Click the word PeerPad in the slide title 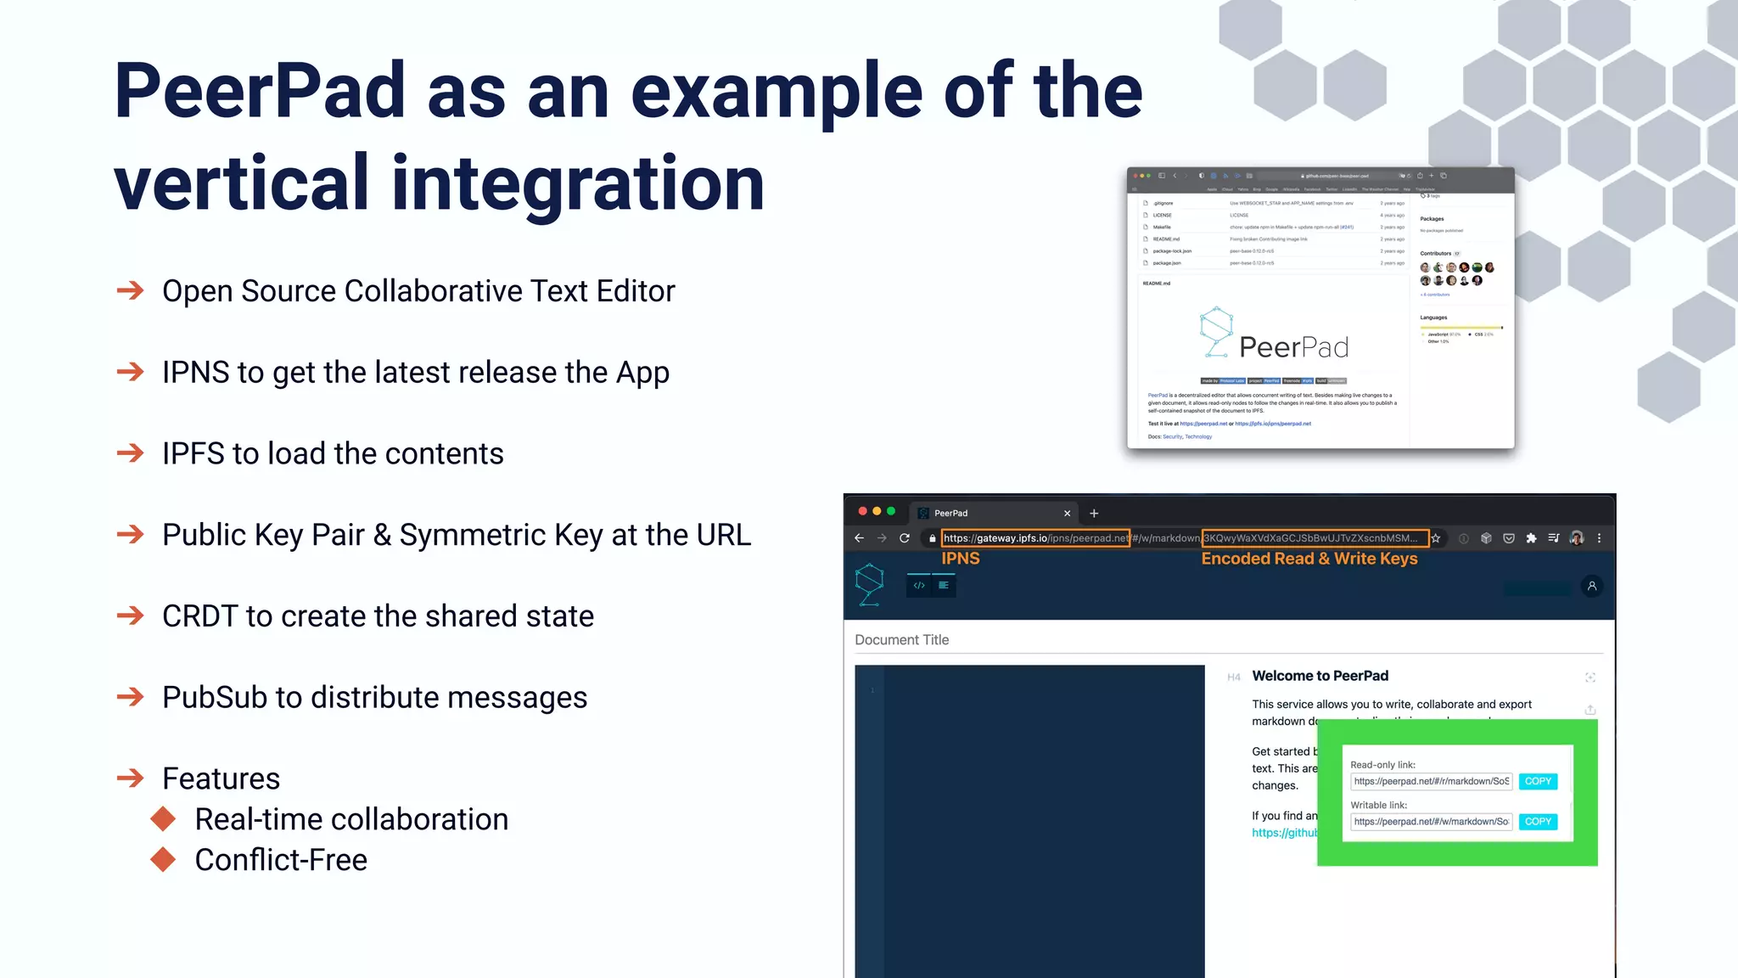(x=260, y=92)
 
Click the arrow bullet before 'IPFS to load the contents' (x=131, y=453)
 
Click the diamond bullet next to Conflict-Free (x=163, y=860)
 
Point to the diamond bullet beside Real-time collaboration (x=163, y=819)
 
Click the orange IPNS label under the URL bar (x=960, y=559)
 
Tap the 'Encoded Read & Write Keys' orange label (x=1309, y=559)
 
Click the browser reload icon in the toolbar (x=905, y=538)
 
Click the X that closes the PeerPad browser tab (x=1067, y=514)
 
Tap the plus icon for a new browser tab (x=1094, y=514)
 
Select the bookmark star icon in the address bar (x=1436, y=538)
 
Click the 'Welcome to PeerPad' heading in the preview (x=1320, y=676)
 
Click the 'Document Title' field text (x=901, y=640)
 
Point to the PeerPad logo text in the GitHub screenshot (x=1293, y=347)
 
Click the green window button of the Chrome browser (x=891, y=511)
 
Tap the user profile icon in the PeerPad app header (x=1591, y=586)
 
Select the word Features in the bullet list (x=221, y=778)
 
